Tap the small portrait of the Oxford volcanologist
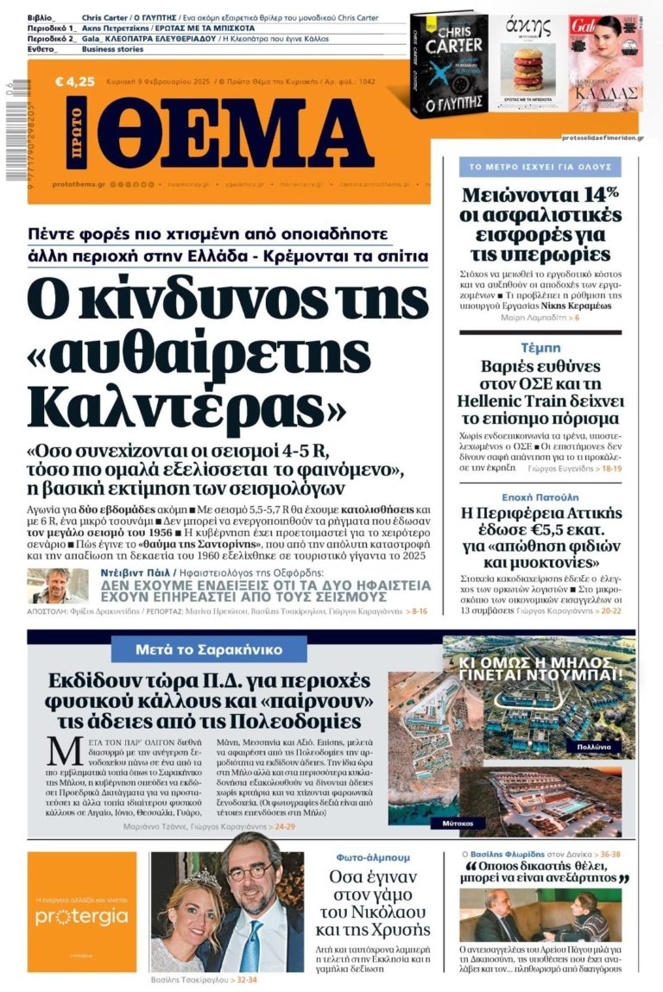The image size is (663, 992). click(57, 585)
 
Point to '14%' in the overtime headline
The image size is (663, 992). click(594, 193)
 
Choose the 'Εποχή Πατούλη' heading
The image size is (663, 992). click(540, 497)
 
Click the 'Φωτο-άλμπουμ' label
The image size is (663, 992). click(373, 857)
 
